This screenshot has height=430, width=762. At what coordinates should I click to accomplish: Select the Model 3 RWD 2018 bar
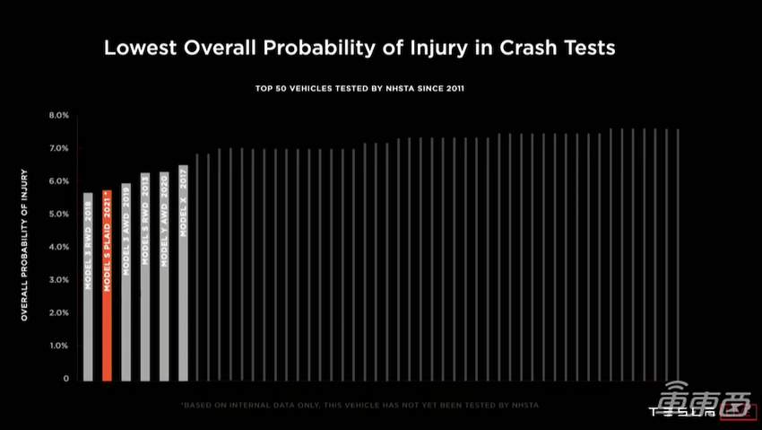pos(88,287)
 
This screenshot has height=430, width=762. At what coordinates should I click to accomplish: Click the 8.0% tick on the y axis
pos(59,116)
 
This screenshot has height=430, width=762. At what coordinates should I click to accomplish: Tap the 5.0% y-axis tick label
pos(59,215)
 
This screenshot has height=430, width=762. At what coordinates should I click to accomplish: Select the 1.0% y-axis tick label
pos(59,346)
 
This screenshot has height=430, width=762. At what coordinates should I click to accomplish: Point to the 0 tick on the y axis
pos(66,379)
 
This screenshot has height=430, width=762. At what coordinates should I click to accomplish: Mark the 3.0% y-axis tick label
pos(59,280)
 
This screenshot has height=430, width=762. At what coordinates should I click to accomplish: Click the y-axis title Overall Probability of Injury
pos(25,244)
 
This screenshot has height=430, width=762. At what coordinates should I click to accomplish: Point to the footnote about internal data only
pos(359,406)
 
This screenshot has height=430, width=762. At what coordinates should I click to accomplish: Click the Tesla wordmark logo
pos(682,413)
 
